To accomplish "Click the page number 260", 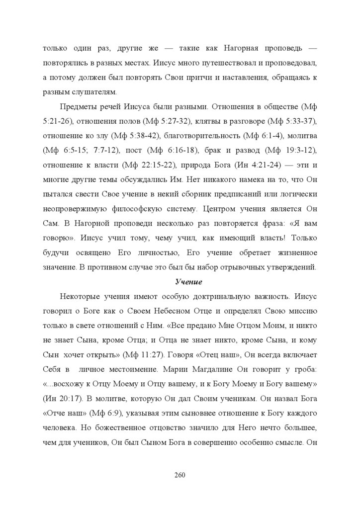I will pos(180,475).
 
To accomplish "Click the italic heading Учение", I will pos(188,282).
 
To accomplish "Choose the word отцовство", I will pos(171,428).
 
